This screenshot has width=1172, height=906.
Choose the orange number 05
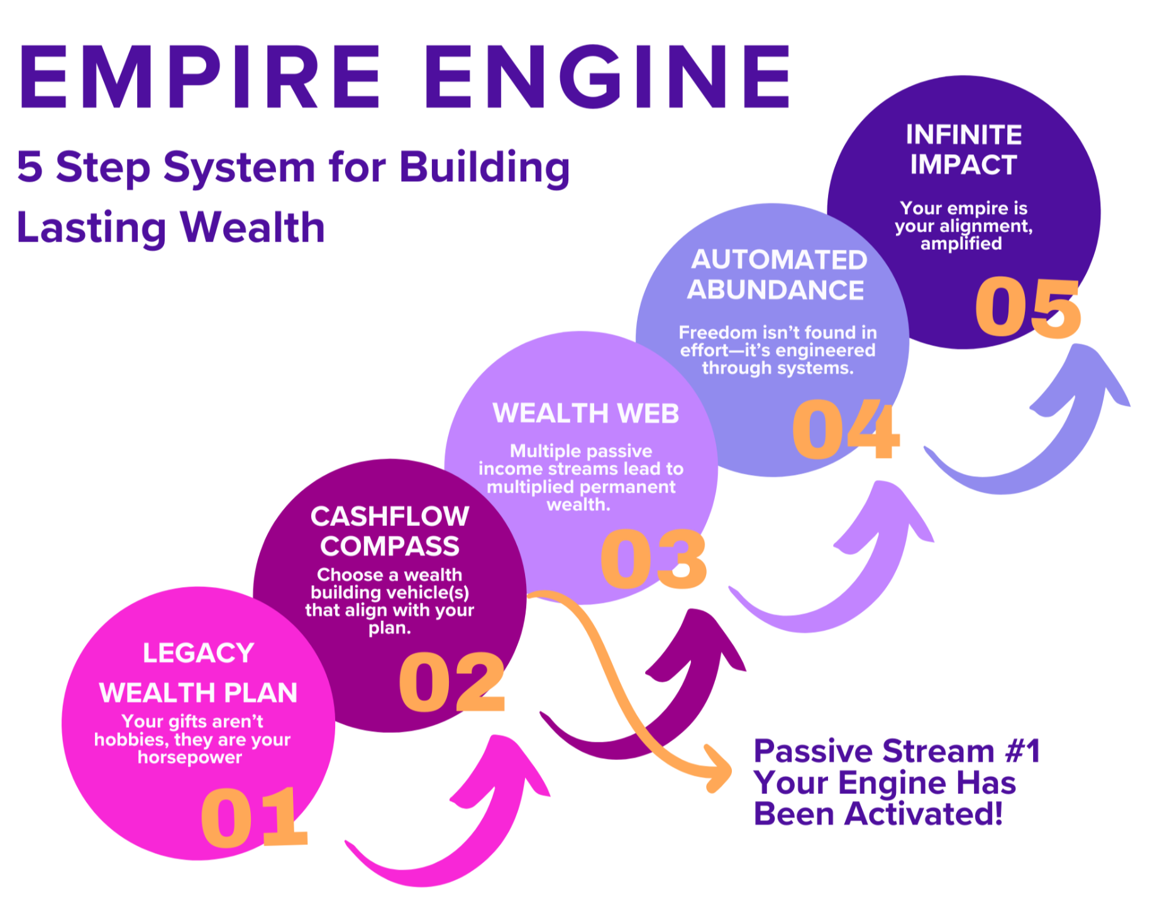(1027, 307)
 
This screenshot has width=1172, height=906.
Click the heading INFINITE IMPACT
(963, 150)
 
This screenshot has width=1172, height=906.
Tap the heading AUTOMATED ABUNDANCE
(777, 275)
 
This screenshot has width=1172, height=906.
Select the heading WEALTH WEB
(585, 413)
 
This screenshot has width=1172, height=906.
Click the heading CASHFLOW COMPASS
(390, 531)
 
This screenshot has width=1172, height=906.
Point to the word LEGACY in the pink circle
(198, 653)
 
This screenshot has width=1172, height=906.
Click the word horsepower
(190, 757)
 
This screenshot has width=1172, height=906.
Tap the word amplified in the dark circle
(961, 243)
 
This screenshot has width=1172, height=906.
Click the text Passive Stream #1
(896, 751)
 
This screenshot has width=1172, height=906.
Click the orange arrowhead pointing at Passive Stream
(720, 771)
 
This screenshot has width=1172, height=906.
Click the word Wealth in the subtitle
(252, 229)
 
